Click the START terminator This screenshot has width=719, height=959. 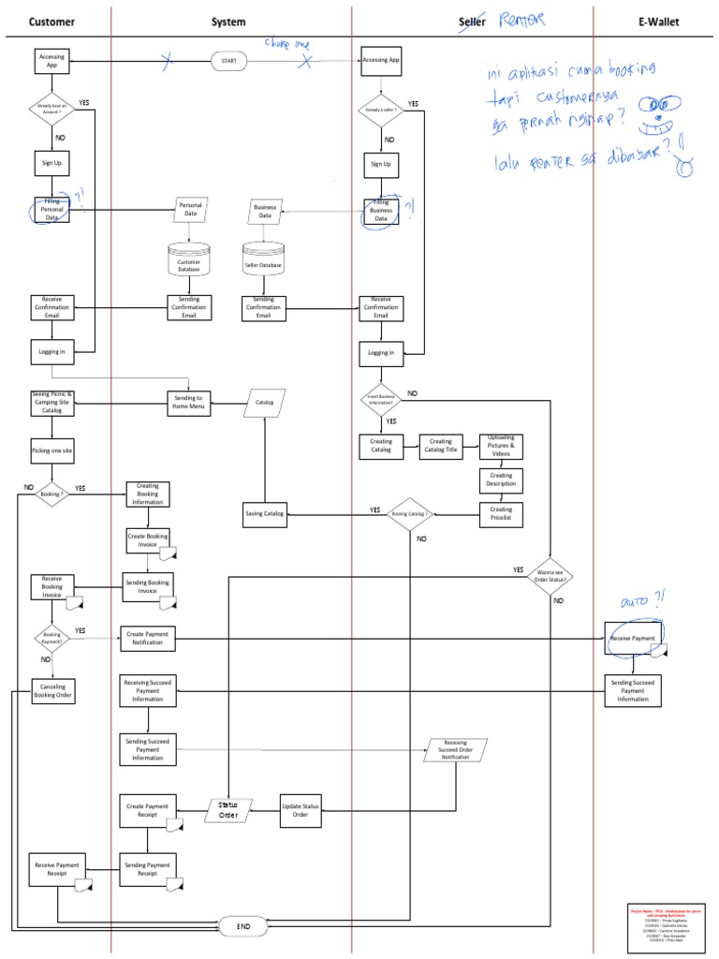pyautogui.click(x=229, y=61)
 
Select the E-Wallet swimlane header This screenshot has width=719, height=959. pyautogui.click(x=659, y=22)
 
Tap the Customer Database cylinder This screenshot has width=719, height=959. pyautogui.click(x=190, y=259)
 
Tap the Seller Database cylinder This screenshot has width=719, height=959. pyautogui.click(x=264, y=259)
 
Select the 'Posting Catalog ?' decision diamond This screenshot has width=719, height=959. pyautogui.click(x=412, y=514)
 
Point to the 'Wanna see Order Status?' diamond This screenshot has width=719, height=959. pyautogui.click(x=550, y=574)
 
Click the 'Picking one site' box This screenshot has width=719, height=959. pyautogui.click(x=51, y=450)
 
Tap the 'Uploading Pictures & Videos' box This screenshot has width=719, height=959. pyautogui.click(x=501, y=446)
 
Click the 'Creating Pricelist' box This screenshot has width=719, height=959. pyautogui.click(x=501, y=514)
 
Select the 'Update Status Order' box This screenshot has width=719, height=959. pyautogui.click(x=301, y=811)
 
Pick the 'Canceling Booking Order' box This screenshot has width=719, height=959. pyautogui.click(x=52, y=692)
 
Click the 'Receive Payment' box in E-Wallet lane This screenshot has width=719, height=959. pyautogui.click(x=633, y=639)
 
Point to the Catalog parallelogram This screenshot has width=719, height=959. pyautogui.click(x=265, y=403)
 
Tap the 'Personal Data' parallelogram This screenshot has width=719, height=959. pyautogui.click(x=190, y=210)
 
